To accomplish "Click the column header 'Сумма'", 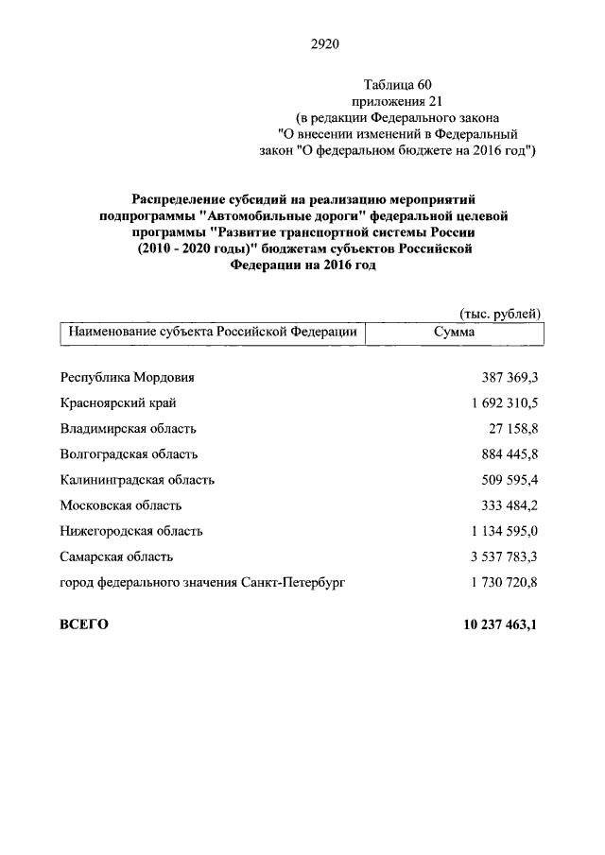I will (454, 333).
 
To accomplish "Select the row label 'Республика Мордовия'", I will (127, 377).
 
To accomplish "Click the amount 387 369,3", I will (509, 377).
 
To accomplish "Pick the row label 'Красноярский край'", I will (118, 403).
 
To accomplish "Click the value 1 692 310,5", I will (503, 403).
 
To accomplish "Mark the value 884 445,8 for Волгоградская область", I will (509, 454).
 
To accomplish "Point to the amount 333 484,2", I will (509, 505).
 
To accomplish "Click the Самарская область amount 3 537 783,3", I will (503, 556).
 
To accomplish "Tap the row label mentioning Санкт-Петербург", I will (201, 583).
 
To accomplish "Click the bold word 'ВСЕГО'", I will (84, 624).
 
